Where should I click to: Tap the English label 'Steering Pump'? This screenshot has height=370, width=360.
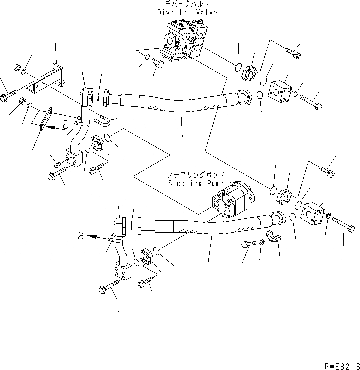tap(191, 183)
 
